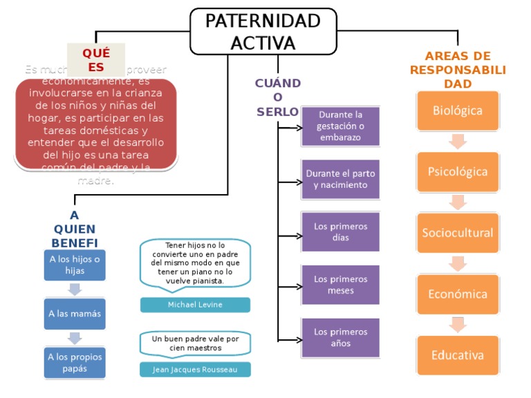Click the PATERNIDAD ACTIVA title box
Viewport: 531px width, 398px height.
(263, 31)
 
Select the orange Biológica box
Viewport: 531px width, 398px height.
(458, 111)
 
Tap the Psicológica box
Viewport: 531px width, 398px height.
(458, 172)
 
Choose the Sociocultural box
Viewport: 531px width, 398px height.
(458, 233)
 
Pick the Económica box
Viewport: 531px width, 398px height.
(458, 294)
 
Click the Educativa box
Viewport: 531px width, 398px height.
(458, 355)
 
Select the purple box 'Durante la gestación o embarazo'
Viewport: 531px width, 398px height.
(340, 126)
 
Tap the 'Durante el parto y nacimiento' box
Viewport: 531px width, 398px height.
(340, 180)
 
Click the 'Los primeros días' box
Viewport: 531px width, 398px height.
(340, 232)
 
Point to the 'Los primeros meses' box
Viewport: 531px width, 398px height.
(340, 285)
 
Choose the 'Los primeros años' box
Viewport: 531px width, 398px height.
(340, 338)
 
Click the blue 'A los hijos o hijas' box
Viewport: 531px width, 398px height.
(75, 265)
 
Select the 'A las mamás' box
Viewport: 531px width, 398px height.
(75, 314)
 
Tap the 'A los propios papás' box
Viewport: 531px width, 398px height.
(75, 362)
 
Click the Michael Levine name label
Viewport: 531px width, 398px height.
(195, 305)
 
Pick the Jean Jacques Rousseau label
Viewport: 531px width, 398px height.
(195, 370)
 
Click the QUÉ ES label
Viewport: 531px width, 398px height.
(96, 60)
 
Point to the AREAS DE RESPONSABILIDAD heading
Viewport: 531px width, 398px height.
(458, 70)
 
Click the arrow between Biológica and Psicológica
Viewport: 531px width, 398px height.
(458, 142)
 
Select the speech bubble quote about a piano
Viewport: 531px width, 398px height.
(195, 263)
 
